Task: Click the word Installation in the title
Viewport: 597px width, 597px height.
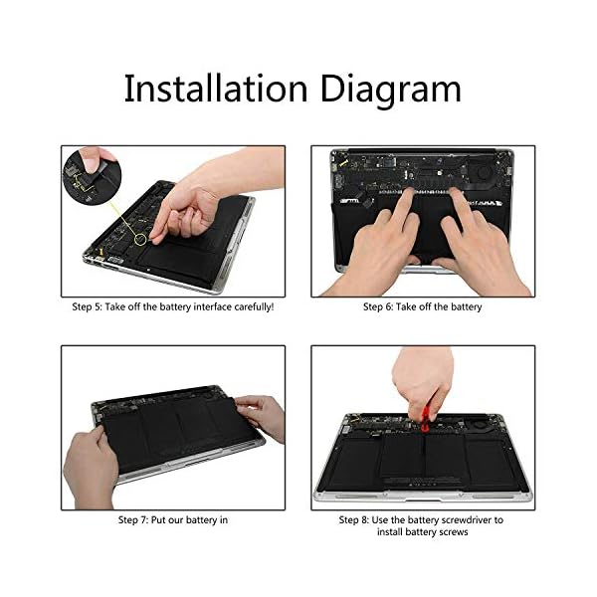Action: pos(216,89)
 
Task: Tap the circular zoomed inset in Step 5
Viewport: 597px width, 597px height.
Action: pos(93,178)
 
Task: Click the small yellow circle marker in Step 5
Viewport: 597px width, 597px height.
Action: pos(140,239)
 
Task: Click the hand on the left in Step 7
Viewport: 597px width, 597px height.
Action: pos(91,468)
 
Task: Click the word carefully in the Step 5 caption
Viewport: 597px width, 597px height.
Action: pos(254,307)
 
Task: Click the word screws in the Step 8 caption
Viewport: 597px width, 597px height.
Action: pos(454,532)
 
